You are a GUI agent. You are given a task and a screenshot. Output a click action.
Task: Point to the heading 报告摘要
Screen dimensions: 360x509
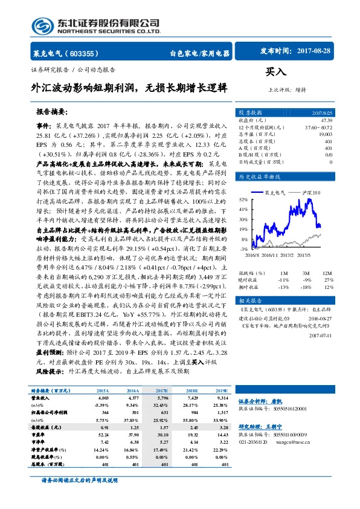point(52,112)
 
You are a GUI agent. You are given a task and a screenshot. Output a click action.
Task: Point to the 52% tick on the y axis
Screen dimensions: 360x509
point(243,199)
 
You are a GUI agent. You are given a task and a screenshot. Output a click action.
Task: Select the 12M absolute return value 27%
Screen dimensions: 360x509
point(329,280)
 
